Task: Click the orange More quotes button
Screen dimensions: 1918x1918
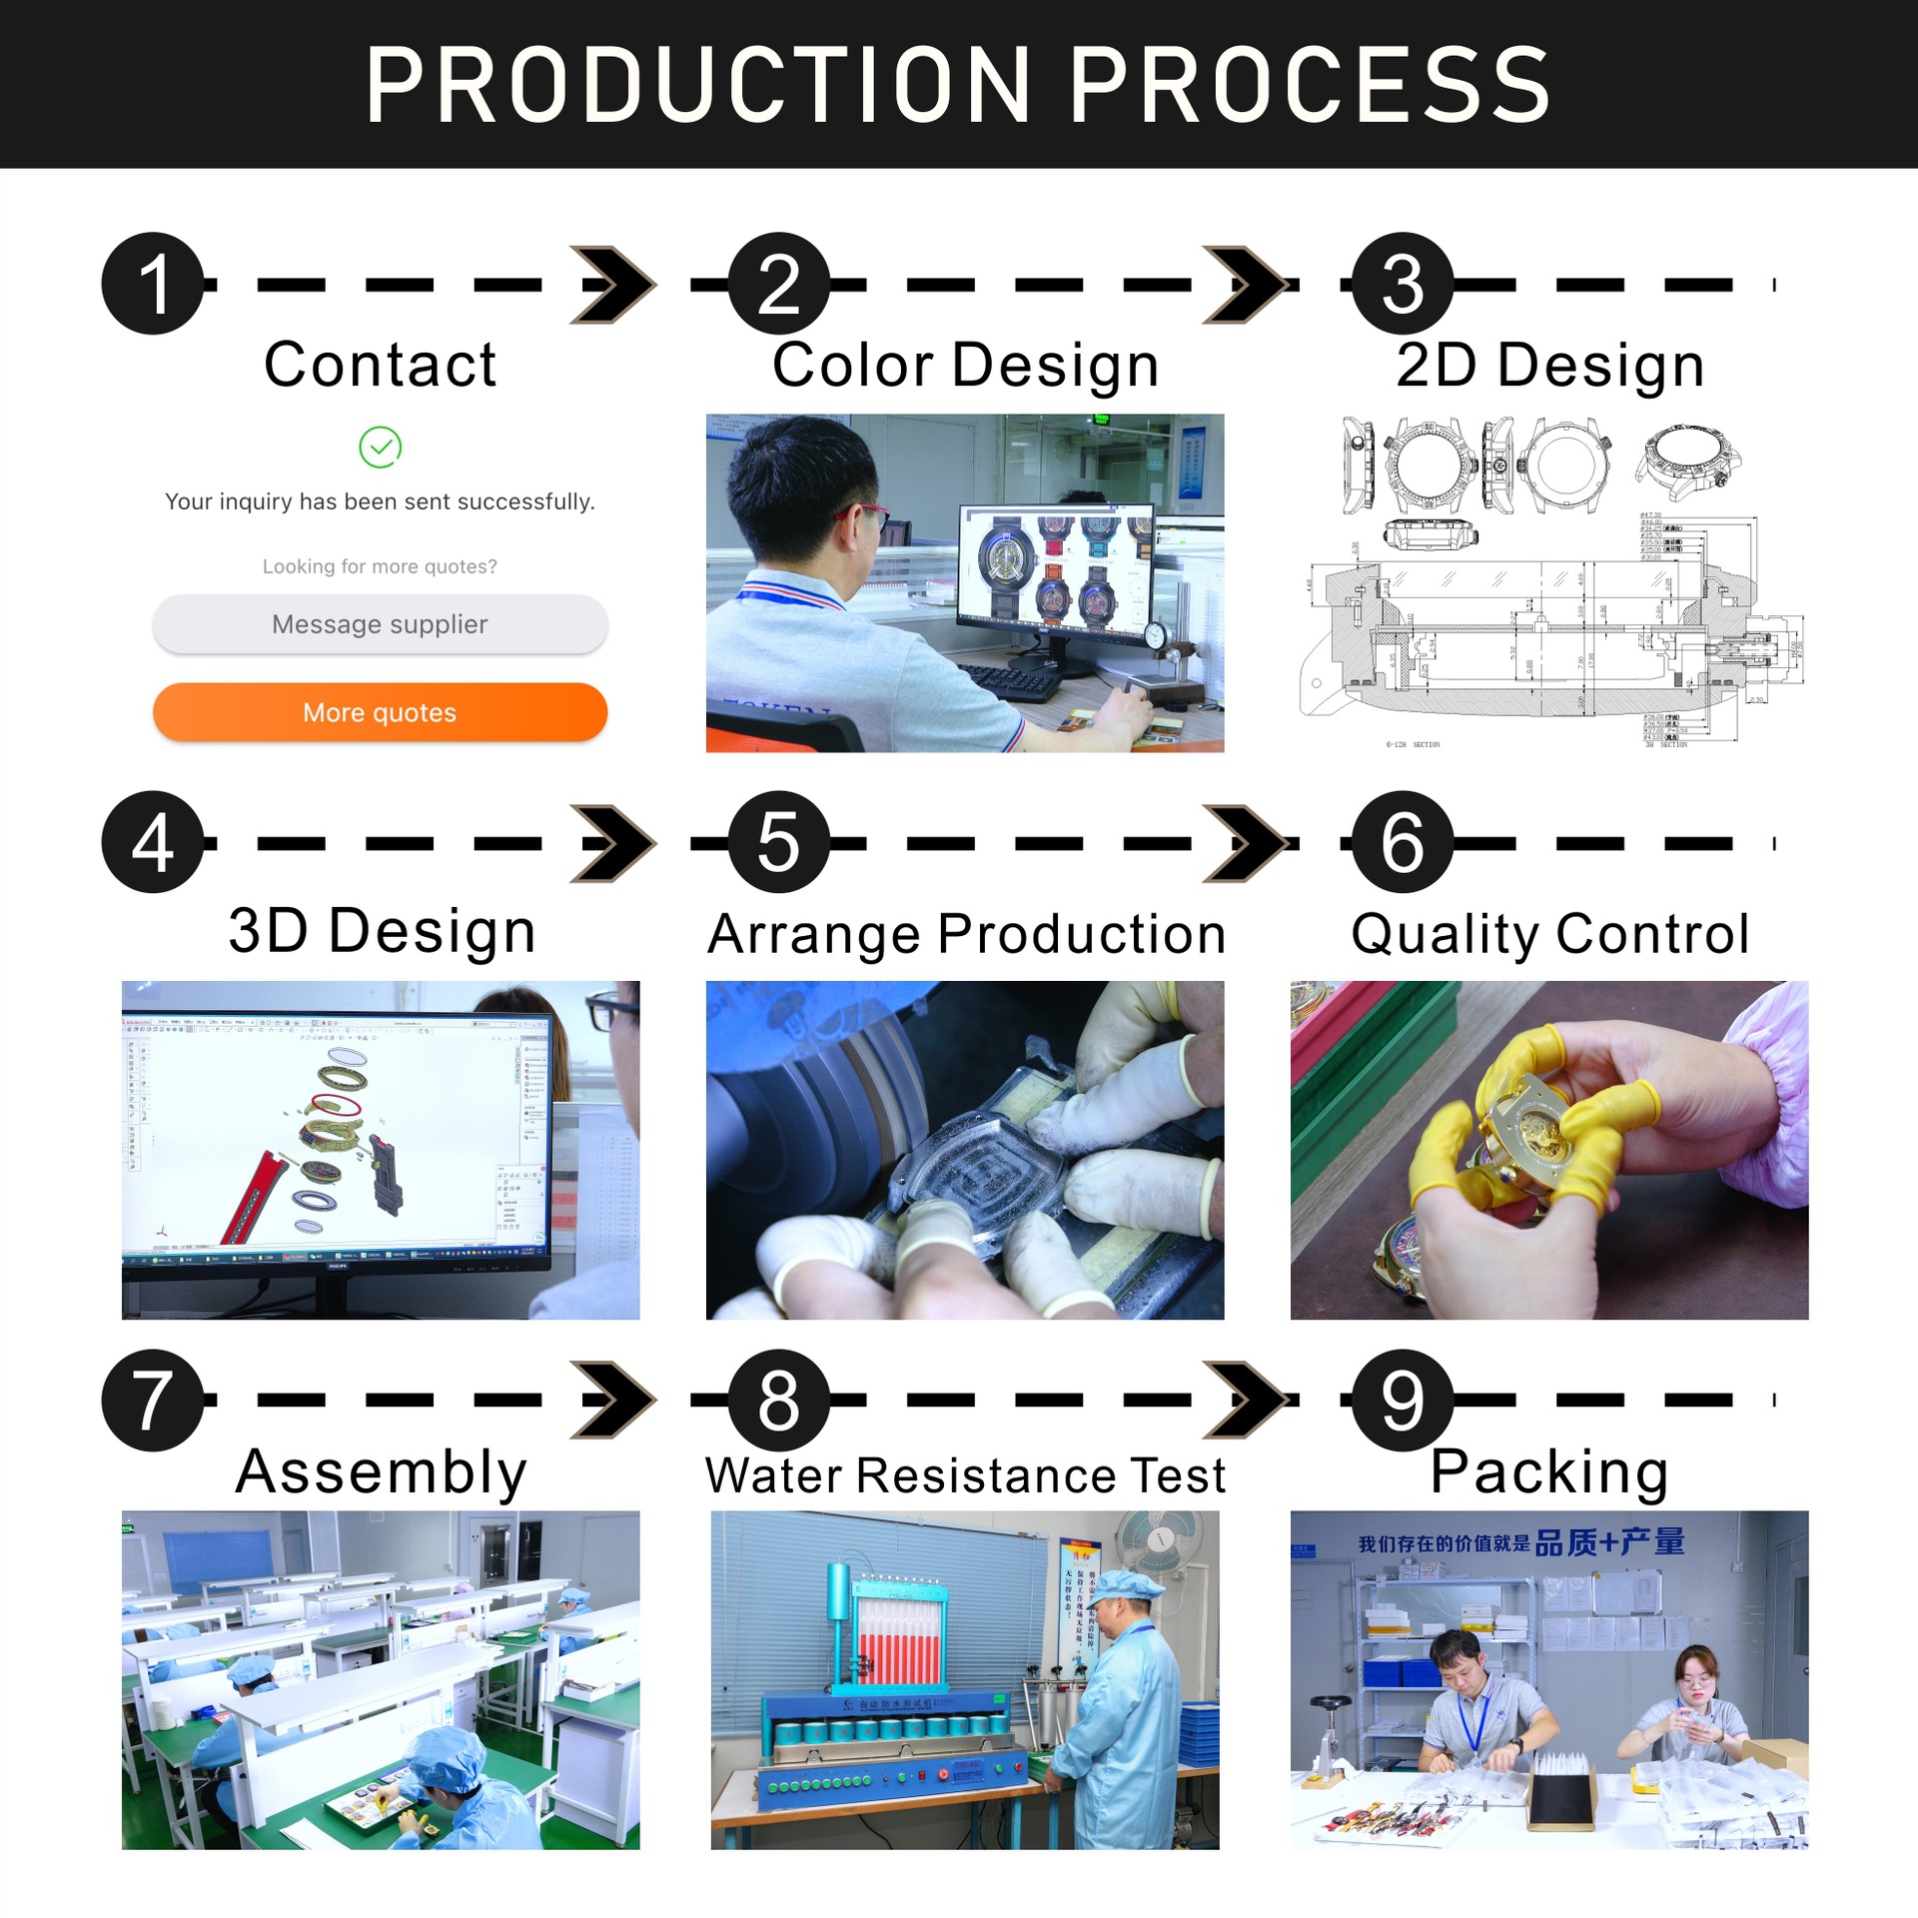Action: (x=380, y=712)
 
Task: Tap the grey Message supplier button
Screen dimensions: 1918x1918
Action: (x=380, y=624)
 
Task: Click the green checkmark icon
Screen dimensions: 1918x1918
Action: (x=380, y=448)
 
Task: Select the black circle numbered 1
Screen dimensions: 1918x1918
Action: (x=153, y=284)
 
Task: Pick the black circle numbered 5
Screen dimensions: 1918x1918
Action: (x=778, y=842)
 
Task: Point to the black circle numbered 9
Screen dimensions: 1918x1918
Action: (x=1402, y=1400)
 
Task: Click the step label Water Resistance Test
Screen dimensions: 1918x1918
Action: (x=965, y=1475)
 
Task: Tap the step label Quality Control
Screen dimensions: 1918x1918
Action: (x=1549, y=934)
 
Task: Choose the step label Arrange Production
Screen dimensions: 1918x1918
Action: (x=966, y=934)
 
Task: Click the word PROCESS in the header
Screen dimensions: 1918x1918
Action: (x=1310, y=86)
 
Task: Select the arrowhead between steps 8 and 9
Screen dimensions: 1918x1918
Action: (x=1246, y=1400)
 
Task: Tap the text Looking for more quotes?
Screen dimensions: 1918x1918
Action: (x=380, y=566)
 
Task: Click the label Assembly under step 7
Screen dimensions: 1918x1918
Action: (x=381, y=1471)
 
